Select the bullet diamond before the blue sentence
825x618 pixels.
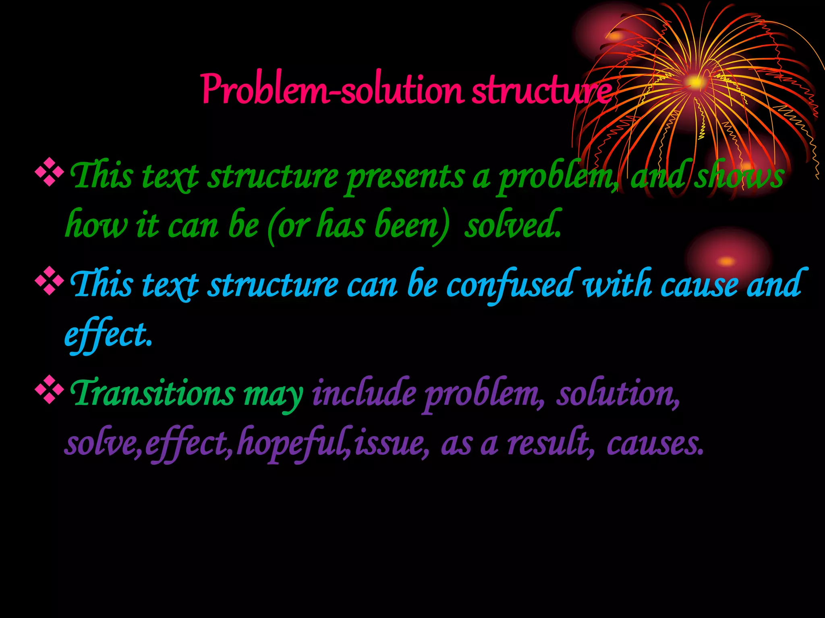click(x=50, y=282)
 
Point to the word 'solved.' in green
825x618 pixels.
click(x=513, y=225)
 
